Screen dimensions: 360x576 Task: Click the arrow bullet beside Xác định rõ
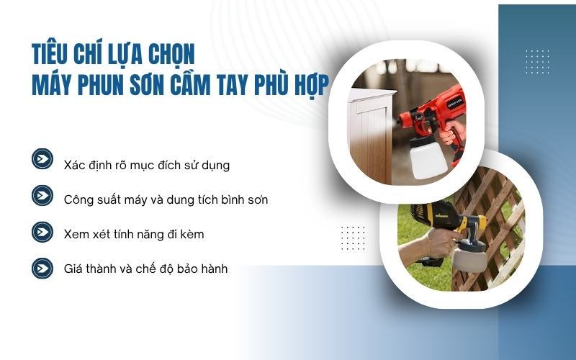[42, 159]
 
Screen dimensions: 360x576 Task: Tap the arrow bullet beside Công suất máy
[42, 195]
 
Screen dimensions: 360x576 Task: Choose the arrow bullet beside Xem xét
[42, 232]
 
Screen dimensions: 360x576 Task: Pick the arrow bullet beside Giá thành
[42, 268]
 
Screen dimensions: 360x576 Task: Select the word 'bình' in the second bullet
[228, 199]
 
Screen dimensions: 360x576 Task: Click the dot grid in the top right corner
[537, 61]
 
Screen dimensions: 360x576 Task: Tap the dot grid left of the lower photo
[353, 237]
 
